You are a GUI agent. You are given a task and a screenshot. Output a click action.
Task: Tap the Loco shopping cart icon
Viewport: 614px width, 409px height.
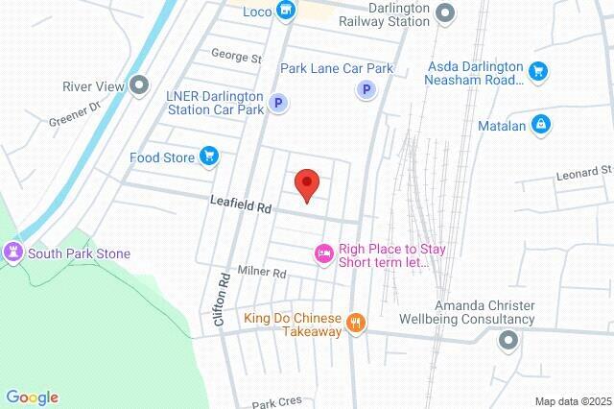[x=285, y=11]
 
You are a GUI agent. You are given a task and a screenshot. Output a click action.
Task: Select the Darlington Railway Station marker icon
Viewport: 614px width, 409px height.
[x=444, y=12]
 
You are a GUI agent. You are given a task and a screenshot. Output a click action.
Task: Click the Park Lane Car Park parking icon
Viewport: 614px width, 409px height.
[x=365, y=90]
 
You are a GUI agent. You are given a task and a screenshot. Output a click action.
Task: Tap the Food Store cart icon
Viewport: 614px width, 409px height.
[x=208, y=156]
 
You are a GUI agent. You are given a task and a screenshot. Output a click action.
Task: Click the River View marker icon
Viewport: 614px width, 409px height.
[x=140, y=86]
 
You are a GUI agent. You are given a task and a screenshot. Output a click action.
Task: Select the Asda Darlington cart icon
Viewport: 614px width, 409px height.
[x=538, y=70]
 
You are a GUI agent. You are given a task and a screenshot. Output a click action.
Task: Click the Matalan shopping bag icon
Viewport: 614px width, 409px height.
[x=542, y=124]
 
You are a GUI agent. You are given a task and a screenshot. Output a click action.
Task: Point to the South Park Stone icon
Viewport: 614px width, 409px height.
[x=13, y=253]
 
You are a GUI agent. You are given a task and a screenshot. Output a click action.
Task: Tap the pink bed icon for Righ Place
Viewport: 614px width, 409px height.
[x=324, y=253]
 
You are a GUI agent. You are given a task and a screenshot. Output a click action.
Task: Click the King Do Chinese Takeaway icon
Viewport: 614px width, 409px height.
[x=356, y=324]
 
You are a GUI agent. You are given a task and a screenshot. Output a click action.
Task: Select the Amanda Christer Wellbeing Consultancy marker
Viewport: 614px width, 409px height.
[x=508, y=340]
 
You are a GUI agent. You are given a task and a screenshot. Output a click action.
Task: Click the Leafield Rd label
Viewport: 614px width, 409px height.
[x=242, y=204]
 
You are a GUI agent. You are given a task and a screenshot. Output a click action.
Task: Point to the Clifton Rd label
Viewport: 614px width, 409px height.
[x=221, y=298]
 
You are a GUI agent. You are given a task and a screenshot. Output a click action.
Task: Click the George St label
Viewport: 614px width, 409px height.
[x=236, y=59]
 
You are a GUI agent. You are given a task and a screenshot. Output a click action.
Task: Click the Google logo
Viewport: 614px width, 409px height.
[x=32, y=397]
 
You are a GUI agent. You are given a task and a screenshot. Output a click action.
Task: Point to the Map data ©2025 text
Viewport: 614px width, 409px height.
[x=573, y=401]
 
